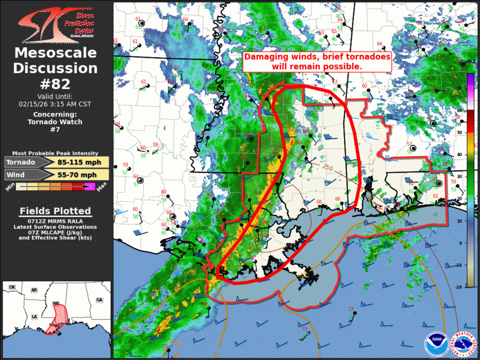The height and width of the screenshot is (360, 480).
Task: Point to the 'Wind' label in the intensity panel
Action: pyautogui.click(x=19, y=175)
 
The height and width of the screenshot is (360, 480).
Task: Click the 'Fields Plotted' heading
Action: pyautogui.click(x=55, y=211)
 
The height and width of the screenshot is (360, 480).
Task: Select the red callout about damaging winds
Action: pyautogui.click(x=317, y=62)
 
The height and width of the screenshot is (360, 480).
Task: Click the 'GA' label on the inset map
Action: pyautogui.click(x=99, y=300)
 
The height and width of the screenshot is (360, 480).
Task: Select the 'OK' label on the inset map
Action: pyautogui.click(x=12, y=288)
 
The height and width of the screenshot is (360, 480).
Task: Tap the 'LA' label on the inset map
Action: pyautogui.click(x=36, y=316)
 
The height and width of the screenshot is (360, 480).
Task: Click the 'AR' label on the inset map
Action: pyautogui.click(x=34, y=290)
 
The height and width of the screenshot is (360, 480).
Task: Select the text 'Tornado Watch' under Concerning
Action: pyautogui.click(x=55, y=122)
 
